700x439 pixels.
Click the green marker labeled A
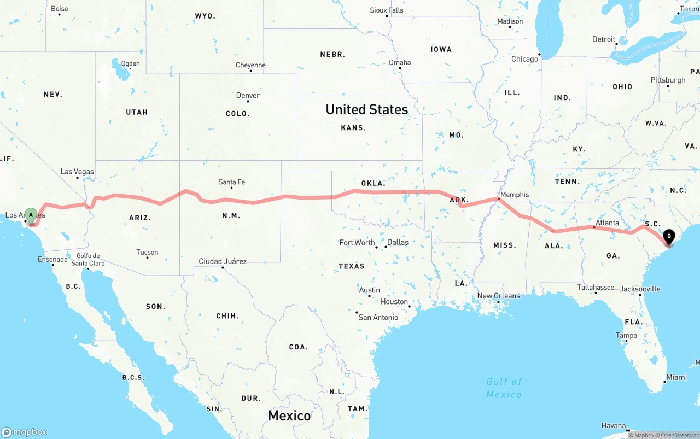pyautogui.click(x=31, y=215)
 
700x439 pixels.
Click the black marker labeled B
pyautogui.click(x=668, y=238)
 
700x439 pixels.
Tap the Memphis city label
pyautogui.click(x=514, y=195)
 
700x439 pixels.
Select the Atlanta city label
pyautogui.click(x=607, y=223)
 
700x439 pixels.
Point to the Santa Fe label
pyautogui.click(x=231, y=182)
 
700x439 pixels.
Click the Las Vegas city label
pyautogui.click(x=77, y=172)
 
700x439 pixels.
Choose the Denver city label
pyautogui.click(x=248, y=96)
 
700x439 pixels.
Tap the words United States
pyautogui.click(x=366, y=109)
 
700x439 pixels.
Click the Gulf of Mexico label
pyautogui.click(x=504, y=388)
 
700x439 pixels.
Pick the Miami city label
pyautogui.click(x=676, y=377)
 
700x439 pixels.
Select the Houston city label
pyautogui.click(x=394, y=302)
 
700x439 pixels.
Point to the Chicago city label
pyautogui.click(x=524, y=59)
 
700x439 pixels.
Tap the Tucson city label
pyautogui.click(x=147, y=253)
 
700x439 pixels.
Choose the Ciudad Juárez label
pyautogui.click(x=223, y=261)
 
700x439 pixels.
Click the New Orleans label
pyautogui.click(x=498, y=296)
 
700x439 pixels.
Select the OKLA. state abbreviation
pyautogui.click(x=373, y=183)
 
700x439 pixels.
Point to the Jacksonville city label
pyautogui.click(x=640, y=289)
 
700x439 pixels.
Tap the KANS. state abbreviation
pyautogui.click(x=353, y=128)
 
